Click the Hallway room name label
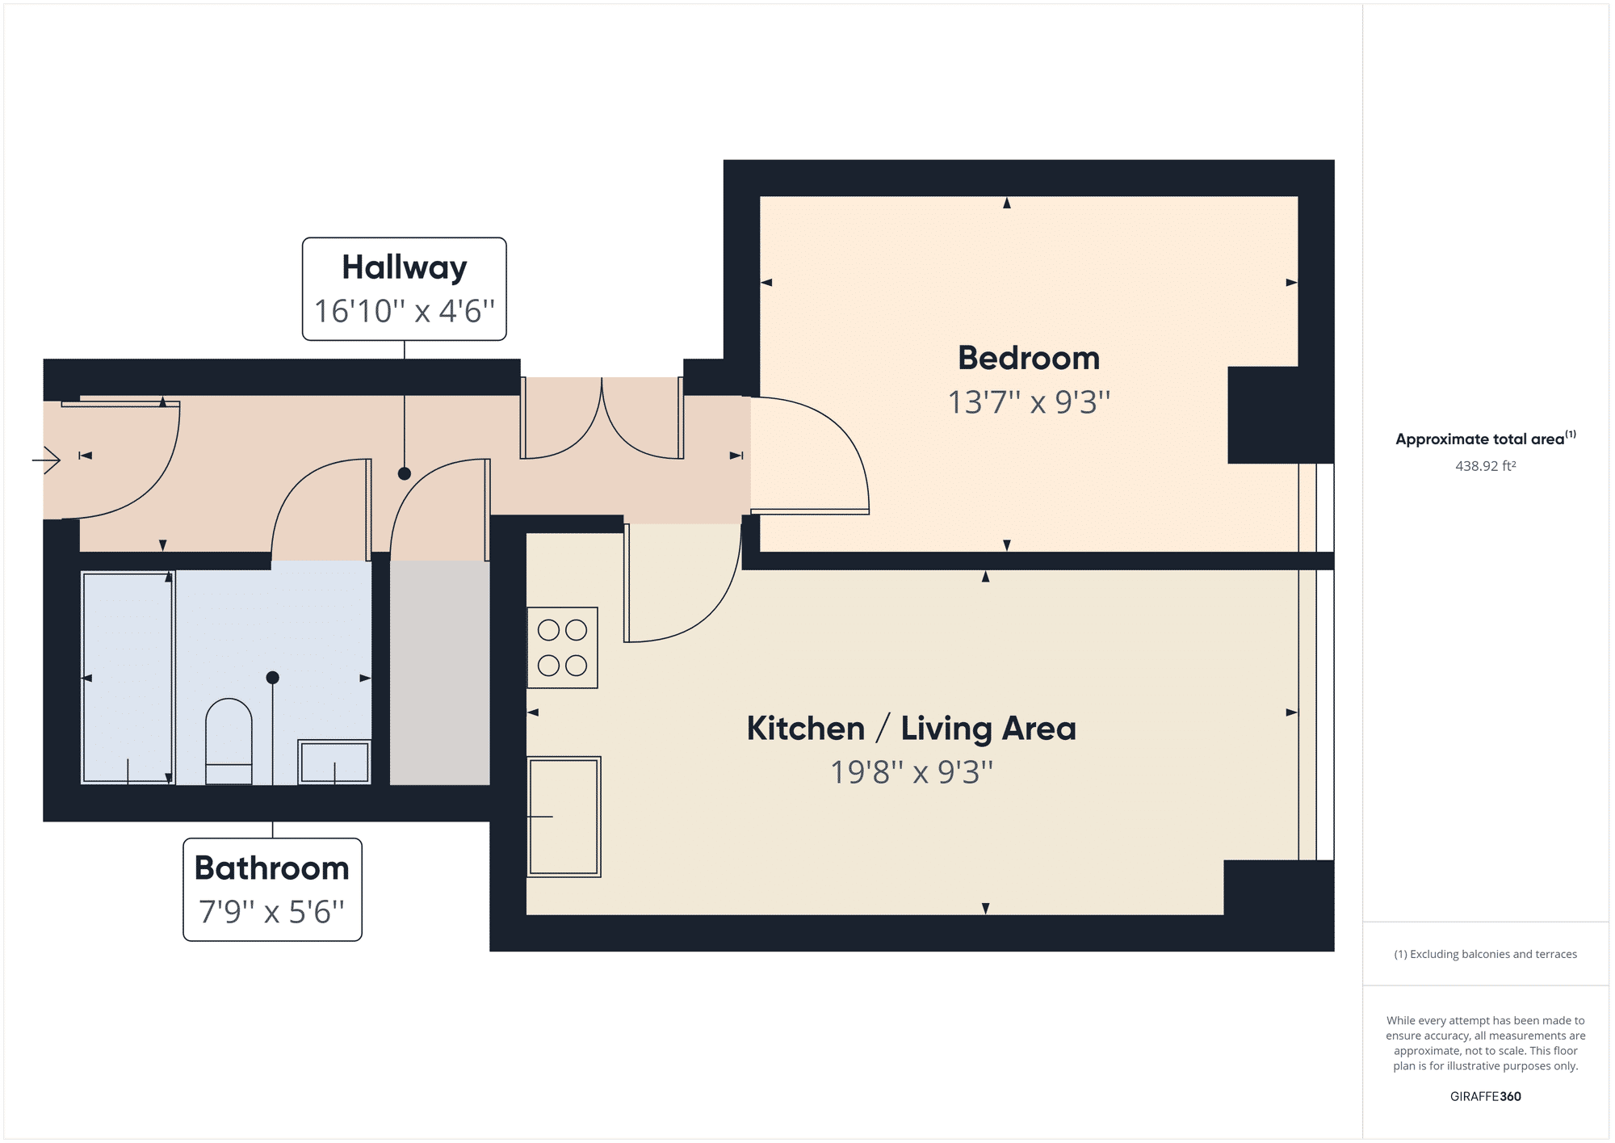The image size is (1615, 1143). pos(404,267)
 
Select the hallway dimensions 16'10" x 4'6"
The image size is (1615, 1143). pos(404,311)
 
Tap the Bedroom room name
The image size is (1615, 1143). pos(1028,358)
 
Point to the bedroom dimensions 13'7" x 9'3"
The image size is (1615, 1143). pos(1028,402)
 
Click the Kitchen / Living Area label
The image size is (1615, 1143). pos(911,729)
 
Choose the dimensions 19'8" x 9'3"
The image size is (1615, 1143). pos(911,772)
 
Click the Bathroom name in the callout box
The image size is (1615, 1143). pos(272,868)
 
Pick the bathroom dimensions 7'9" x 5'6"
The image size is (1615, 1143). pos(272,912)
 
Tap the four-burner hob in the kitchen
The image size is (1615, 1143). pos(562,648)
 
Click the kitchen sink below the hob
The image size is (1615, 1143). pos(564,817)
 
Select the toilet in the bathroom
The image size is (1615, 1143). pos(229,742)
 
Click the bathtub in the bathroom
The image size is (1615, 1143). pos(128,677)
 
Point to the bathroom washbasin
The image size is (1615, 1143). pos(334,762)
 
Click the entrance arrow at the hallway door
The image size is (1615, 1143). pos(47,460)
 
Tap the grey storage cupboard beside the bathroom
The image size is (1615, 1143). pos(439,672)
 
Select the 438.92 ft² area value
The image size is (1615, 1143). pos(1485,466)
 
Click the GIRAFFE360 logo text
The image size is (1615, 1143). pos(1485,1096)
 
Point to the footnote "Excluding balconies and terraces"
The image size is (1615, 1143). pos(1485,954)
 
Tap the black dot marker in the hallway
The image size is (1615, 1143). pos(405,474)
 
